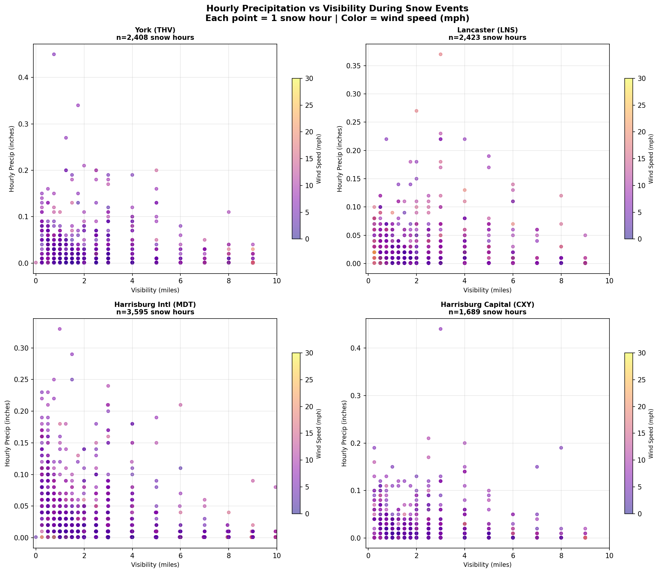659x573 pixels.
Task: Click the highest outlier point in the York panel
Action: tap(54, 54)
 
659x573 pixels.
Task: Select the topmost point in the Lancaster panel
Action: tap(440, 54)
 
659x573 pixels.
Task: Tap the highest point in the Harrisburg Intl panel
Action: tap(60, 329)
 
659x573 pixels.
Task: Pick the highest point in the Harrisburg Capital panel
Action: tap(440, 329)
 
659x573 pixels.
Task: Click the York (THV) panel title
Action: tap(155, 30)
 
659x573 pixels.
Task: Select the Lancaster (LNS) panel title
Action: tap(487, 30)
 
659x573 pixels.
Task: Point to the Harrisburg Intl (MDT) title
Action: tap(155, 305)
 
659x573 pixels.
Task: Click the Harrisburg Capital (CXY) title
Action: tap(487, 305)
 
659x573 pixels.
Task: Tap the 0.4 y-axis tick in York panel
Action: tap(25, 77)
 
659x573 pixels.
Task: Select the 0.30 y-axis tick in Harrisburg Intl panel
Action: tap(23, 348)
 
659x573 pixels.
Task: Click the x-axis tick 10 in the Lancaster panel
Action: tap(609, 281)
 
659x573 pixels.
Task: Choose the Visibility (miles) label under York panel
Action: tap(155, 290)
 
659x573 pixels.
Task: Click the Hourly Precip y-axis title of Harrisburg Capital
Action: tap(344, 433)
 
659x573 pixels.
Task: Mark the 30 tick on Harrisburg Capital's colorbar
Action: tap(642, 353)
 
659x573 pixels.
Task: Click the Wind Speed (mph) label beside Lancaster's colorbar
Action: tap(651, 159)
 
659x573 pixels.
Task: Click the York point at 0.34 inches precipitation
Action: tap(78, 105)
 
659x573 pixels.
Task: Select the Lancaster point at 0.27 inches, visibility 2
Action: tap(416, 111)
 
